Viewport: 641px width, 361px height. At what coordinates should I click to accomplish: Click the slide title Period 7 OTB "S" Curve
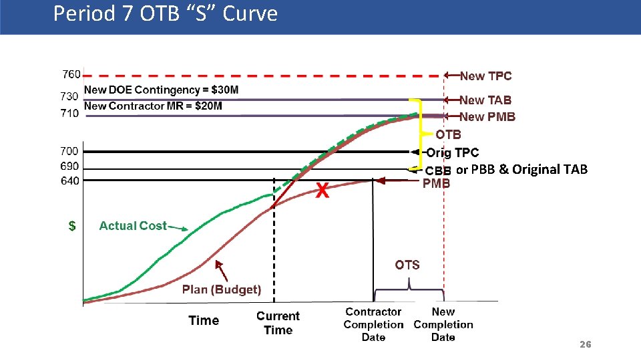pyautogui.click(x=165, y=14)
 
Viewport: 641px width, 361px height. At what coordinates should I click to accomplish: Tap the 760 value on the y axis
pyautogui.click(x=71, y=74)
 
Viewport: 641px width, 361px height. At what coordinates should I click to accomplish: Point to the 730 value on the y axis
pyautogui.click(x=70, y=97)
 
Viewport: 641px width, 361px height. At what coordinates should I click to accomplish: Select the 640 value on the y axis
pyautogui.click(x=70, y=180)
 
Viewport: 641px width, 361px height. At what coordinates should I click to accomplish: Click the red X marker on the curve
pyautogui.click(x=322, y=192)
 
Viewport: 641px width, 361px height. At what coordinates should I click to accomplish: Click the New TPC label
pyautogui.click(x=485, y=76)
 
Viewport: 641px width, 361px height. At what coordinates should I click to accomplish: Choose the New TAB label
pyautogui.click(x=485, y=100)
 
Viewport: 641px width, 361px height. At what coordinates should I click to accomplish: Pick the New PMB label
pyautogui.click(x=487, y=117)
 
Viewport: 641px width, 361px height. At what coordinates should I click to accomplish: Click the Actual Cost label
pyautogui.click(x=133, y=226)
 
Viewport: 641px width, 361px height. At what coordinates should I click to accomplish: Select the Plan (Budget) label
pyautogui.click(x=222, y=289)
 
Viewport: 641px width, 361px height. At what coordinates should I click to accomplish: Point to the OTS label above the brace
pyautogui.click(x=407, y=265)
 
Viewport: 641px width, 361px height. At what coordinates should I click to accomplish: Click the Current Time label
pyautogui.click(x=278, y=323)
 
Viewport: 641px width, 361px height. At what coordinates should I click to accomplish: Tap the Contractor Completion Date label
pyautogui.click(x=373, y=324)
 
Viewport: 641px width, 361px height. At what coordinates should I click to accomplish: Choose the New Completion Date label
pyautogui.click(x=443, y=324)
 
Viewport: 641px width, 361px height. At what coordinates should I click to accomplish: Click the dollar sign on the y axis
pyautogui.click(x=72, y=226)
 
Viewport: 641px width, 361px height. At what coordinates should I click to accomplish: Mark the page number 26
pyautogui.click(x=585, y=344)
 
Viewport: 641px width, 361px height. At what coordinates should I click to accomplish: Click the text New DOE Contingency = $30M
pyautogui.click(x=161, y=90)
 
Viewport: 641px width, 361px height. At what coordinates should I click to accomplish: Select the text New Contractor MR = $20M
pyautogui.click(x=153, y=106)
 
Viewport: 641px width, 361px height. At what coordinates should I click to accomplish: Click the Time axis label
pyautogui.click(x=204, y=320)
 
